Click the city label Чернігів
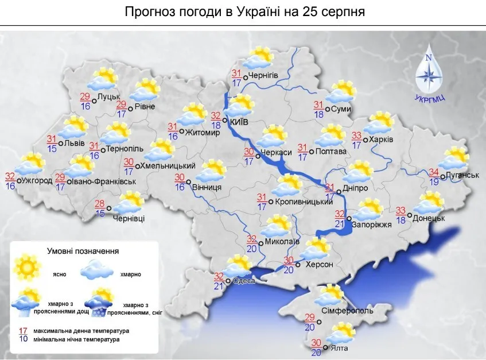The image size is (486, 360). [264, 76]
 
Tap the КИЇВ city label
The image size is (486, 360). [240, 122]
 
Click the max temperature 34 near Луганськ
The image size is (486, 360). [435, 172]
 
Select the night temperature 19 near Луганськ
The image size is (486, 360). [435, 181]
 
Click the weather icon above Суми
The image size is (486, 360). [343, 92]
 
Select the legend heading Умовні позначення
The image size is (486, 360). [83, 251]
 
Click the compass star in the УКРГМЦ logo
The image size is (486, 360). [429, 73]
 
